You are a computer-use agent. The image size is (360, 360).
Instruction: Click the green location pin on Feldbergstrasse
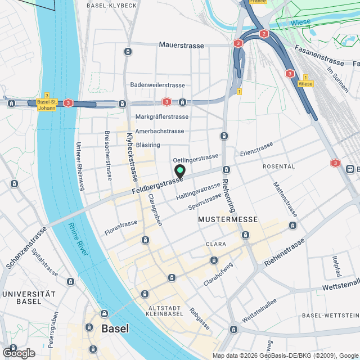180,171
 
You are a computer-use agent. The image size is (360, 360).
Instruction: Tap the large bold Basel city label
115,328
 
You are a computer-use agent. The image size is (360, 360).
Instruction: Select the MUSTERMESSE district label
228,219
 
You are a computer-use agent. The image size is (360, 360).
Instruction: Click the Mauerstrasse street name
181,44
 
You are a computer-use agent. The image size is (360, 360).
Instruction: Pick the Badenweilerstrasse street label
157,85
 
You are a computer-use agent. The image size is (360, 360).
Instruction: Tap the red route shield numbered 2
264,34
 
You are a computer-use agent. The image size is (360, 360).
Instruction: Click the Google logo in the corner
18,353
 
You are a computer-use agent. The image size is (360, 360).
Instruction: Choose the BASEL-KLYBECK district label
112,5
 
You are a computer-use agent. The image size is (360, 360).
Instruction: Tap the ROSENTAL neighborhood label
278,166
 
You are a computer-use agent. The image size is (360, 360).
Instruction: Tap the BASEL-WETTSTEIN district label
330,315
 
